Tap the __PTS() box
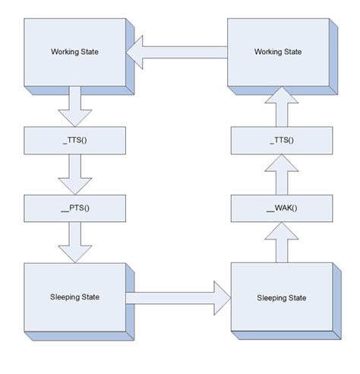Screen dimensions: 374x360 (x=74, y=206)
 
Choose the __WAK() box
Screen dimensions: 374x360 (x=283, y=206)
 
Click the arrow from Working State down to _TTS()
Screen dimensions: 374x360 (x=74, y=106)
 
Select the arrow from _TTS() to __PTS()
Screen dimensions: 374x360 (x=74, y=173)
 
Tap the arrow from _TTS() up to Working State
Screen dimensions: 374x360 (x=283, y=106)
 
